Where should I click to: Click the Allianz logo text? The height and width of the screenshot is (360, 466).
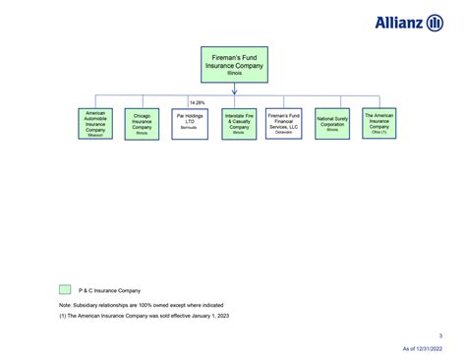(399, 23)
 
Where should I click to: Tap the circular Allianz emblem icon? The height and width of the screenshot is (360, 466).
(435, 23)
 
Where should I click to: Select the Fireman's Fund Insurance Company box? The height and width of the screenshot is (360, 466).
(234, 64)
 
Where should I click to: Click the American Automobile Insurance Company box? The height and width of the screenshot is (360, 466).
(94, 123)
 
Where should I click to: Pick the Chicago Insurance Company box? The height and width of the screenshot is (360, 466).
(142, 123)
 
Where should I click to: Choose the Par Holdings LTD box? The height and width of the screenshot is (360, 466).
(189, 123)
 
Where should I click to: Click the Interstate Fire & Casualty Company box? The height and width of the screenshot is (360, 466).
(237, 123)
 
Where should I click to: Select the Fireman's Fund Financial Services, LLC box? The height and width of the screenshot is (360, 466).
(284, 123)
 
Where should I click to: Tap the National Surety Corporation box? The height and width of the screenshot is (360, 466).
(332, 123)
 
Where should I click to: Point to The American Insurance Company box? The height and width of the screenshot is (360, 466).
(379, 123)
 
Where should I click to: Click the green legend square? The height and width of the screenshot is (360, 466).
(65, 290)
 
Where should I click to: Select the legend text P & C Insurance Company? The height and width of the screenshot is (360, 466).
(109, 290)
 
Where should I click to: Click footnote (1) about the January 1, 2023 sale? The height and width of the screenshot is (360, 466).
(146, 318)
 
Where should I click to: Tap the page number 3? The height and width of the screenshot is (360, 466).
(440, 336)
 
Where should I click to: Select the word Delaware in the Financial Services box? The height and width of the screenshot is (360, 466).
(284, 132)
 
